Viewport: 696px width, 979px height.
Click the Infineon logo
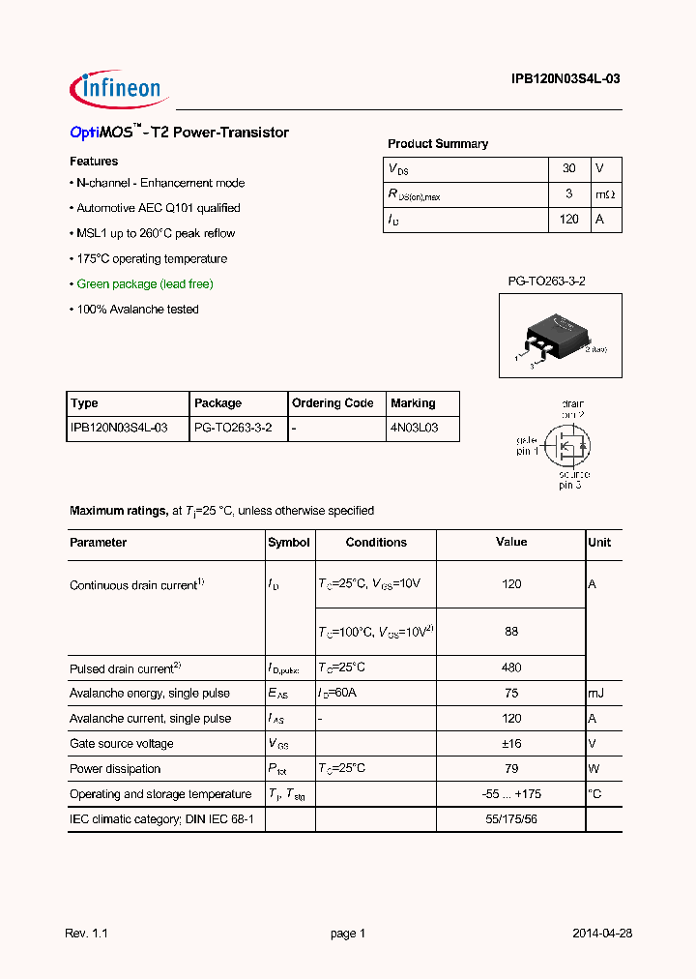(119, 90)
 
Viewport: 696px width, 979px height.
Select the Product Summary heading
(438, 144)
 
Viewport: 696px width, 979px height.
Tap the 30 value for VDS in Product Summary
(568, 168)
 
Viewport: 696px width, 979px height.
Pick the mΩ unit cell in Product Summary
(605, 194)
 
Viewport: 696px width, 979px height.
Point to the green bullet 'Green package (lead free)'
(145, 284)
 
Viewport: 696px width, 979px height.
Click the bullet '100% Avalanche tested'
(137, 310)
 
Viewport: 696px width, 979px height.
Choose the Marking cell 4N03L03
(415, 428)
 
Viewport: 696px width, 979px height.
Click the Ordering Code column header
(333, 403)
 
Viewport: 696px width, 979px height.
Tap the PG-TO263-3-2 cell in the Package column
(233, 428)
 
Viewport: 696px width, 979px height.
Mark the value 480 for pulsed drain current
(511, 667)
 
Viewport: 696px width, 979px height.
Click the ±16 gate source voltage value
(511, 744)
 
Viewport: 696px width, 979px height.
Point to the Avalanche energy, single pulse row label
(150, 694)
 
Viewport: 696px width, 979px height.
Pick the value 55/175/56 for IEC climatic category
(511, 819)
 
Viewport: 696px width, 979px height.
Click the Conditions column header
(376, 543)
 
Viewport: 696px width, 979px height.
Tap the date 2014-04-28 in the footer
(601, 934)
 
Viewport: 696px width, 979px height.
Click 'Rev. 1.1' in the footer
(86, 934)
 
